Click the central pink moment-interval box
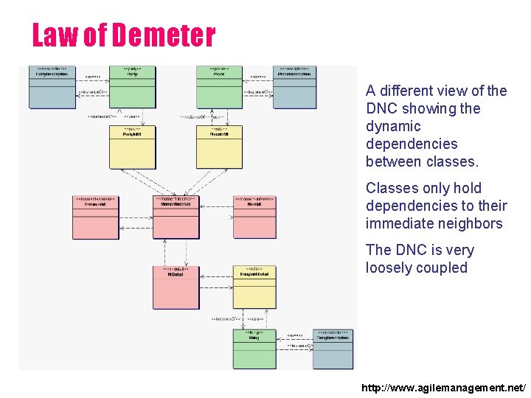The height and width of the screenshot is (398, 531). [x=176, y=217]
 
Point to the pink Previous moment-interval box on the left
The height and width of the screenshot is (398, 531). [x=97, y=217]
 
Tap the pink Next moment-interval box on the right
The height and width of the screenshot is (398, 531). [x=255, y=217]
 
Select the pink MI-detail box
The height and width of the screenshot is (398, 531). [x=176, y=287]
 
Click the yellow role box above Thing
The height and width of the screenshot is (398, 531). [x=255, y=287]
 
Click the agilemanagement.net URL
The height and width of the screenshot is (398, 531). [x=444, y=387]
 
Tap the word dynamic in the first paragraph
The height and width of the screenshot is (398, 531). [x=392, y=126]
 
